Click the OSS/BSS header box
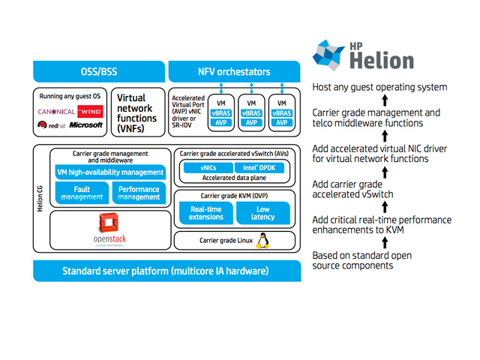tap(99, 72)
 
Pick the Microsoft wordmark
tap(86, 125)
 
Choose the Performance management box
tap(139, 193)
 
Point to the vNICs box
tap(208, 168)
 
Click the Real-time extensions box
tap(205, 213)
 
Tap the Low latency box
tap(262, 213)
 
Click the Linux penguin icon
tap(263, 240)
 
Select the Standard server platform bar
tap(166, 271)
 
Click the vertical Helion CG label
tap(40, 202)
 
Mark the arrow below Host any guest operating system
tap(385, 100)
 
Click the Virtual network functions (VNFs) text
tap(136, 113)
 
